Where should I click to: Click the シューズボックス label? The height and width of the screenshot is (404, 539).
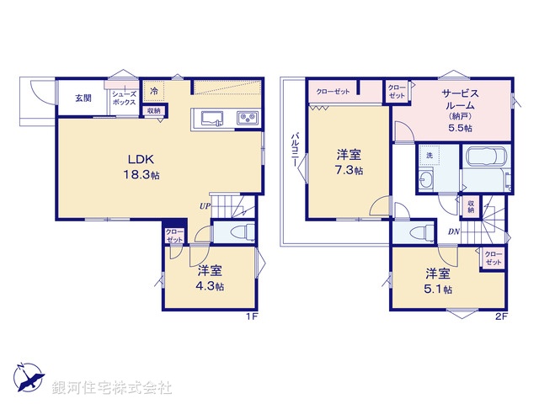point(125,98)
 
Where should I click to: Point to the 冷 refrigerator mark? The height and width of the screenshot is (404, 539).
point(154,90)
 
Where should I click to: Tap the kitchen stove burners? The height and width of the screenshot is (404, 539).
point(247,119)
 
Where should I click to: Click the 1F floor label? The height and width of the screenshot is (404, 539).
point(251,315)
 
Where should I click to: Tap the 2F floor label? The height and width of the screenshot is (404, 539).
point(501,315)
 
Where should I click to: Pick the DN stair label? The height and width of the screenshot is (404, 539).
point(453,232)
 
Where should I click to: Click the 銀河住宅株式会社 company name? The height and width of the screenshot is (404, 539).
point(113,388)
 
